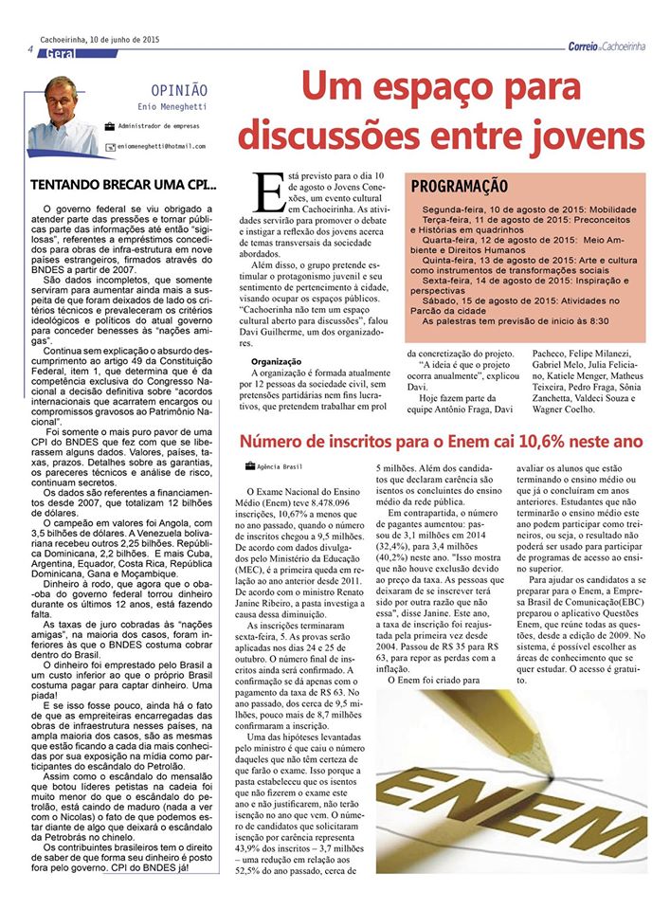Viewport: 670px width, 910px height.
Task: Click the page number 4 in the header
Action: point(31,49)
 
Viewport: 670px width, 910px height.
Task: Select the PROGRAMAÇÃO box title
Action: point(460,186)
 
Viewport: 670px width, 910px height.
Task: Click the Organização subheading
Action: point(276,361)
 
